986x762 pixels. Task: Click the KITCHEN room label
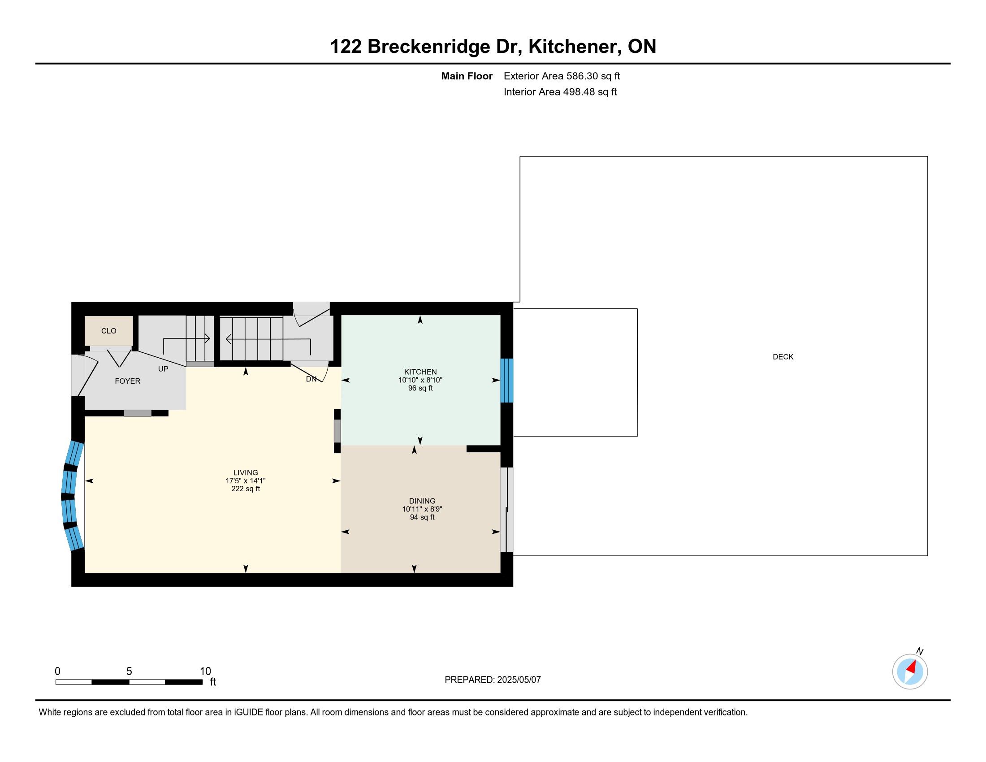point(420,372)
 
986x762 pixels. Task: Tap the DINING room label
point(422,501)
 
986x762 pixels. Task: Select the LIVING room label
point(246,472)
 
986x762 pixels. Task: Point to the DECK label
point(783,357)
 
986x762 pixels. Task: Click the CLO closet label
point(109,331)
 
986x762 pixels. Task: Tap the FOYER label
point(128,381)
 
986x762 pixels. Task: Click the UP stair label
point(163,369)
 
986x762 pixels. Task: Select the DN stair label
point(311,379)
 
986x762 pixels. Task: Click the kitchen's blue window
point(507,381)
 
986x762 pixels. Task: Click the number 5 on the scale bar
point(129,671)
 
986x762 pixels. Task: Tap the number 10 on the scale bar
point(205,671)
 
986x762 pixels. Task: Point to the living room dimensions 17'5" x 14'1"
point(246,481)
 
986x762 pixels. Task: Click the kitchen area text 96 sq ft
point(420,388)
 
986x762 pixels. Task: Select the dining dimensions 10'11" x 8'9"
point(422,509)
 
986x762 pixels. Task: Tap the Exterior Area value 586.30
point(582,76)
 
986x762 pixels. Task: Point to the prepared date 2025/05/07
point(519,680)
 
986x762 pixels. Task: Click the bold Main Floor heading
point(467,76)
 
